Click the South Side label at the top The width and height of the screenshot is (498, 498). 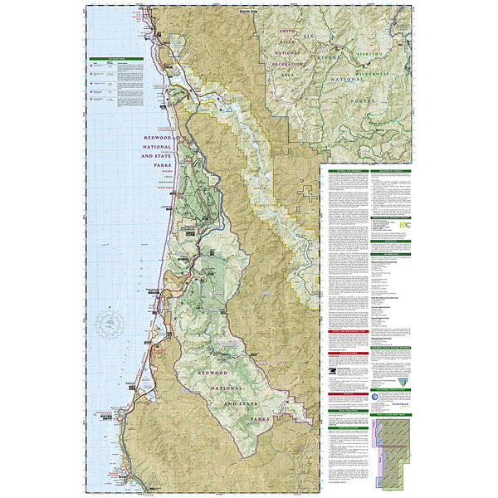tap(249, 11)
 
